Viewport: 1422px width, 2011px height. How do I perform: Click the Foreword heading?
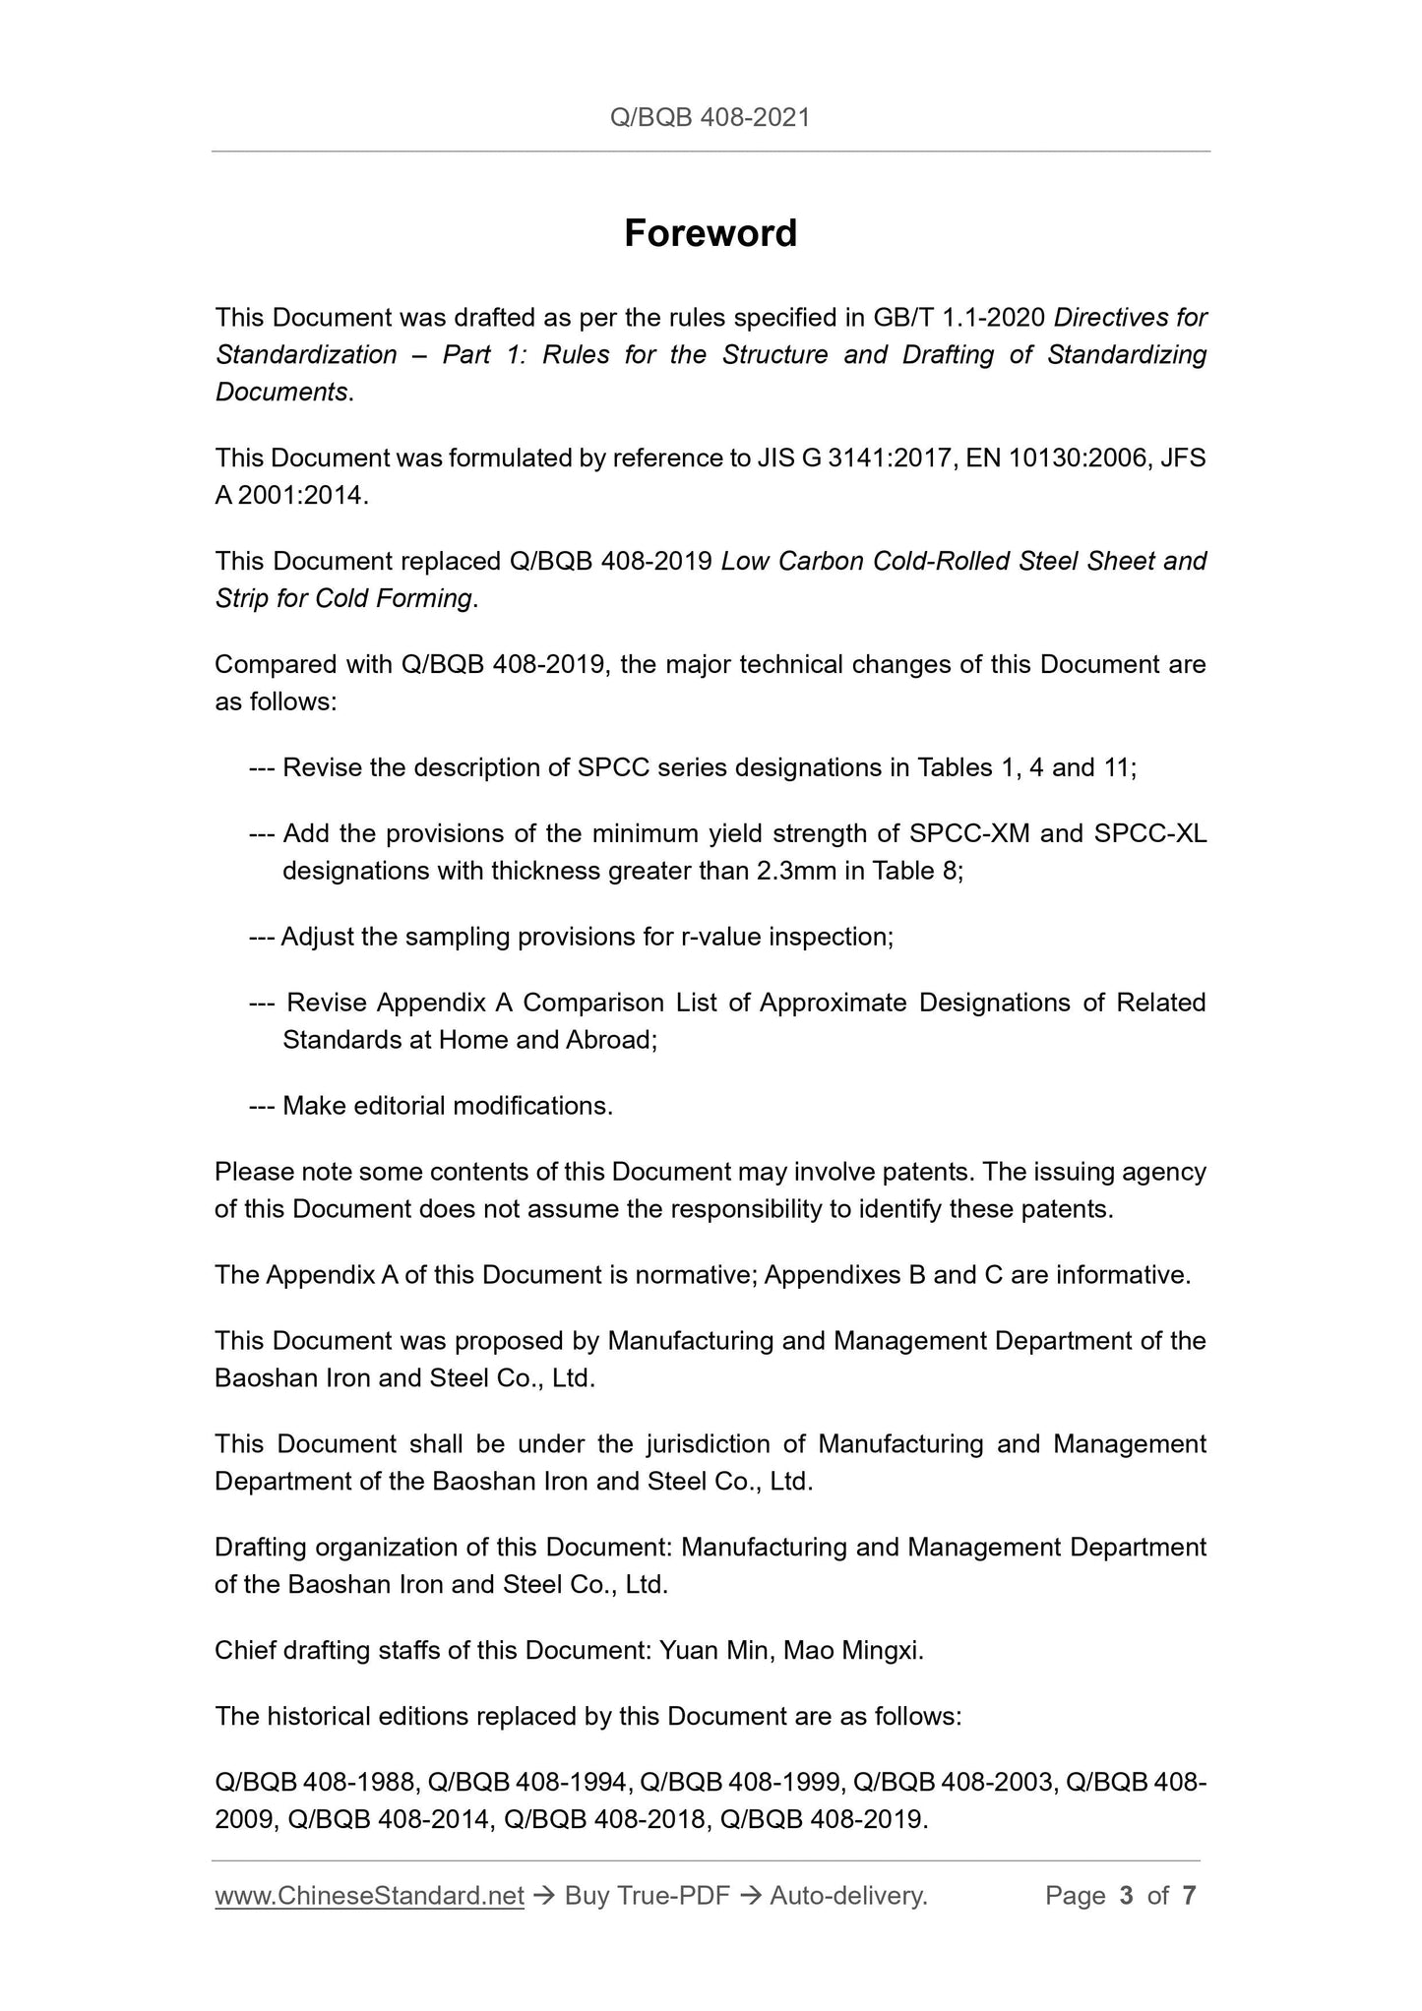[711, 234]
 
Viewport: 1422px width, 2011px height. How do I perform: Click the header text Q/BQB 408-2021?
[711, 118]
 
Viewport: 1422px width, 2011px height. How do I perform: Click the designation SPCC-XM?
[969, 834]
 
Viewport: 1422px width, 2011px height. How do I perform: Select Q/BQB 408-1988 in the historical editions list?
[318, 1783]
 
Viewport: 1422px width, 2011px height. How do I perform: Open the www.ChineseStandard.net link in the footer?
[369, 1896]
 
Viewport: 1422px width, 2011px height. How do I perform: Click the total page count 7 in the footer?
[1189, 1896]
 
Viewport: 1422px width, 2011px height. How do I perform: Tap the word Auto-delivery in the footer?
[847, 1896]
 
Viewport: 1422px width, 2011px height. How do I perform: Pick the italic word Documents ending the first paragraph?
[281, 393]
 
